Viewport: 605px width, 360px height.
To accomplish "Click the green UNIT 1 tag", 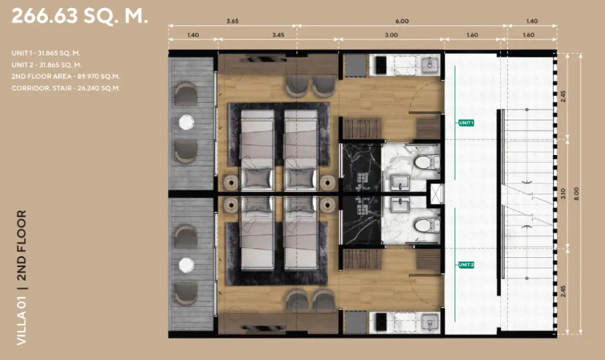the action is pyautogui.click(x=466, y=123).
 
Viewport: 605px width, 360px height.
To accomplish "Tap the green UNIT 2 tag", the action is pyautogui.click(x=466, y=265).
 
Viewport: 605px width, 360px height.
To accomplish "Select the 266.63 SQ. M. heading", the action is pyautogui.click(x=80, y=16).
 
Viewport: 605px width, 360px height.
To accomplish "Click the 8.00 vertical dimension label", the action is pyautogui.click(x=576, y=193).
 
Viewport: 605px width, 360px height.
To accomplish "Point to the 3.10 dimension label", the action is pyautogui.click(x=563, y=193).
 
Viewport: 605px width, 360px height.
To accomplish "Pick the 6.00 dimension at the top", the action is pyautogui.click(x=402, y=21).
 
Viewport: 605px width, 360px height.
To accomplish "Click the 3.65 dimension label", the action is pyautogui.click(x=232, y=21).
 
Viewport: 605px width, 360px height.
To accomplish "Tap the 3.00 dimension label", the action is pyautogui.click(x=391, y=35).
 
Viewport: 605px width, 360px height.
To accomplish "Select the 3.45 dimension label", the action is pyautogui.click(x=278, y=35).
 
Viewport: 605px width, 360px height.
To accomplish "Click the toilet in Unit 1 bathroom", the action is pyautogui.click(x=427, y=162).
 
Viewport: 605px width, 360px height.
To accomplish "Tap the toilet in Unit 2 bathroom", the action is pyautogui.click(x=427, y=225).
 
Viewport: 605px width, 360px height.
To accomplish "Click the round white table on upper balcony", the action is pyautogui.click(x=186, y=123).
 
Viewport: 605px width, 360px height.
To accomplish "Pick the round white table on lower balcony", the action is pyautogui.click(x=186, y=265).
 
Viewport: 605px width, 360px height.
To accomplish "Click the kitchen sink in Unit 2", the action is pyautogui.click(x=430, y=323).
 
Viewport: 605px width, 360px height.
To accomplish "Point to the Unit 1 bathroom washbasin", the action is pyautogui.click(x=400, y=182).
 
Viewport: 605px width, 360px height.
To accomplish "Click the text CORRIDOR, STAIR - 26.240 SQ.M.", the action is pyautogui.click(x=66, y=88).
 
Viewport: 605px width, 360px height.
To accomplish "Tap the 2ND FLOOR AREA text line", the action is pyautogui.click(x=65, y=77).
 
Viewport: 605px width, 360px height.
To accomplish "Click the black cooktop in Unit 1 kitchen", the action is pyautogui.click(x=381, y=65).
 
